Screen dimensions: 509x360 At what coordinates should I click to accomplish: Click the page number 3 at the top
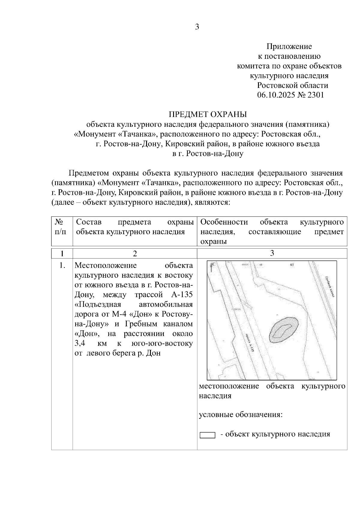point(197,27)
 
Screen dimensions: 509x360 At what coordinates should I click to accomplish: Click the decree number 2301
point(316,95)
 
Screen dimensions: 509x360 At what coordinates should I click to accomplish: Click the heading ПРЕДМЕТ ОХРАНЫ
point(208,115)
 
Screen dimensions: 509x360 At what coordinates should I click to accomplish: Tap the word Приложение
point(289,46)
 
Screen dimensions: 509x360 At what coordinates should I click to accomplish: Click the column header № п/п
point(61,227)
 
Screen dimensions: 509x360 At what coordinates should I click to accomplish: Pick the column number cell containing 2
point(135,254)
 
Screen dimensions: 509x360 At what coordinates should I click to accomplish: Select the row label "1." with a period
point(62,266)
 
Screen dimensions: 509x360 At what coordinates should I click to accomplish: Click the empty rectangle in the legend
point(207,435)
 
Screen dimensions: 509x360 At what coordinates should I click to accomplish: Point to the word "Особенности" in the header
point(224,222)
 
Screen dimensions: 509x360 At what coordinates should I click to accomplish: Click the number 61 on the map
point(291,265)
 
